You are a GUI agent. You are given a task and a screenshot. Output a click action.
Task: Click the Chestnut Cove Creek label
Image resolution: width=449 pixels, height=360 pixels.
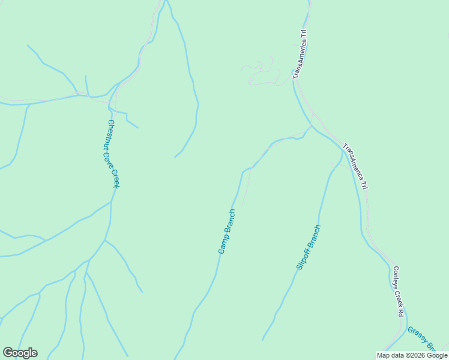(x=113, y=154)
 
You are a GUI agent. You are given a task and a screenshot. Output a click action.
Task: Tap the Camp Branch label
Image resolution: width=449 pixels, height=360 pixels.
(x=227, y=232)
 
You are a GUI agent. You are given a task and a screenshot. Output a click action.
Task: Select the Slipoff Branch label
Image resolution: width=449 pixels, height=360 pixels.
(x=309, y=247)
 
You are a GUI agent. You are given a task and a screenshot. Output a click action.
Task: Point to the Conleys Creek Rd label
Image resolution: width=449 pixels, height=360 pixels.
(x=397, y=292)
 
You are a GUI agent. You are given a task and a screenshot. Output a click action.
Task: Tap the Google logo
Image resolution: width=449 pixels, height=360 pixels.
(x=20, y=353)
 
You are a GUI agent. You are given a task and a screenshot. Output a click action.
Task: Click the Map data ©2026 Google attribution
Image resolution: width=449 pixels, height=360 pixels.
(x=412, y=355)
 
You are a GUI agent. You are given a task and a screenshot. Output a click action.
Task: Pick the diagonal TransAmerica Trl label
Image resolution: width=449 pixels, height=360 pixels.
(x=355, y=166)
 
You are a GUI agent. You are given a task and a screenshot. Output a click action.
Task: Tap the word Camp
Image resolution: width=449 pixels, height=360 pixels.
(x=223, y=245)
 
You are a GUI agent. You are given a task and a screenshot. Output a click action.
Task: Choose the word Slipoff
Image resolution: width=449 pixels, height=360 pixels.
(x=304, y=257)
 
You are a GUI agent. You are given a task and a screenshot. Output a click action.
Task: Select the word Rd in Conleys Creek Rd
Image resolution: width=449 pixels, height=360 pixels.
(x=400, y=313)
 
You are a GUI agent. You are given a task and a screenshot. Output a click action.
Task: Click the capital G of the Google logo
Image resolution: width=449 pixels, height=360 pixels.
(x=8, y=353)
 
